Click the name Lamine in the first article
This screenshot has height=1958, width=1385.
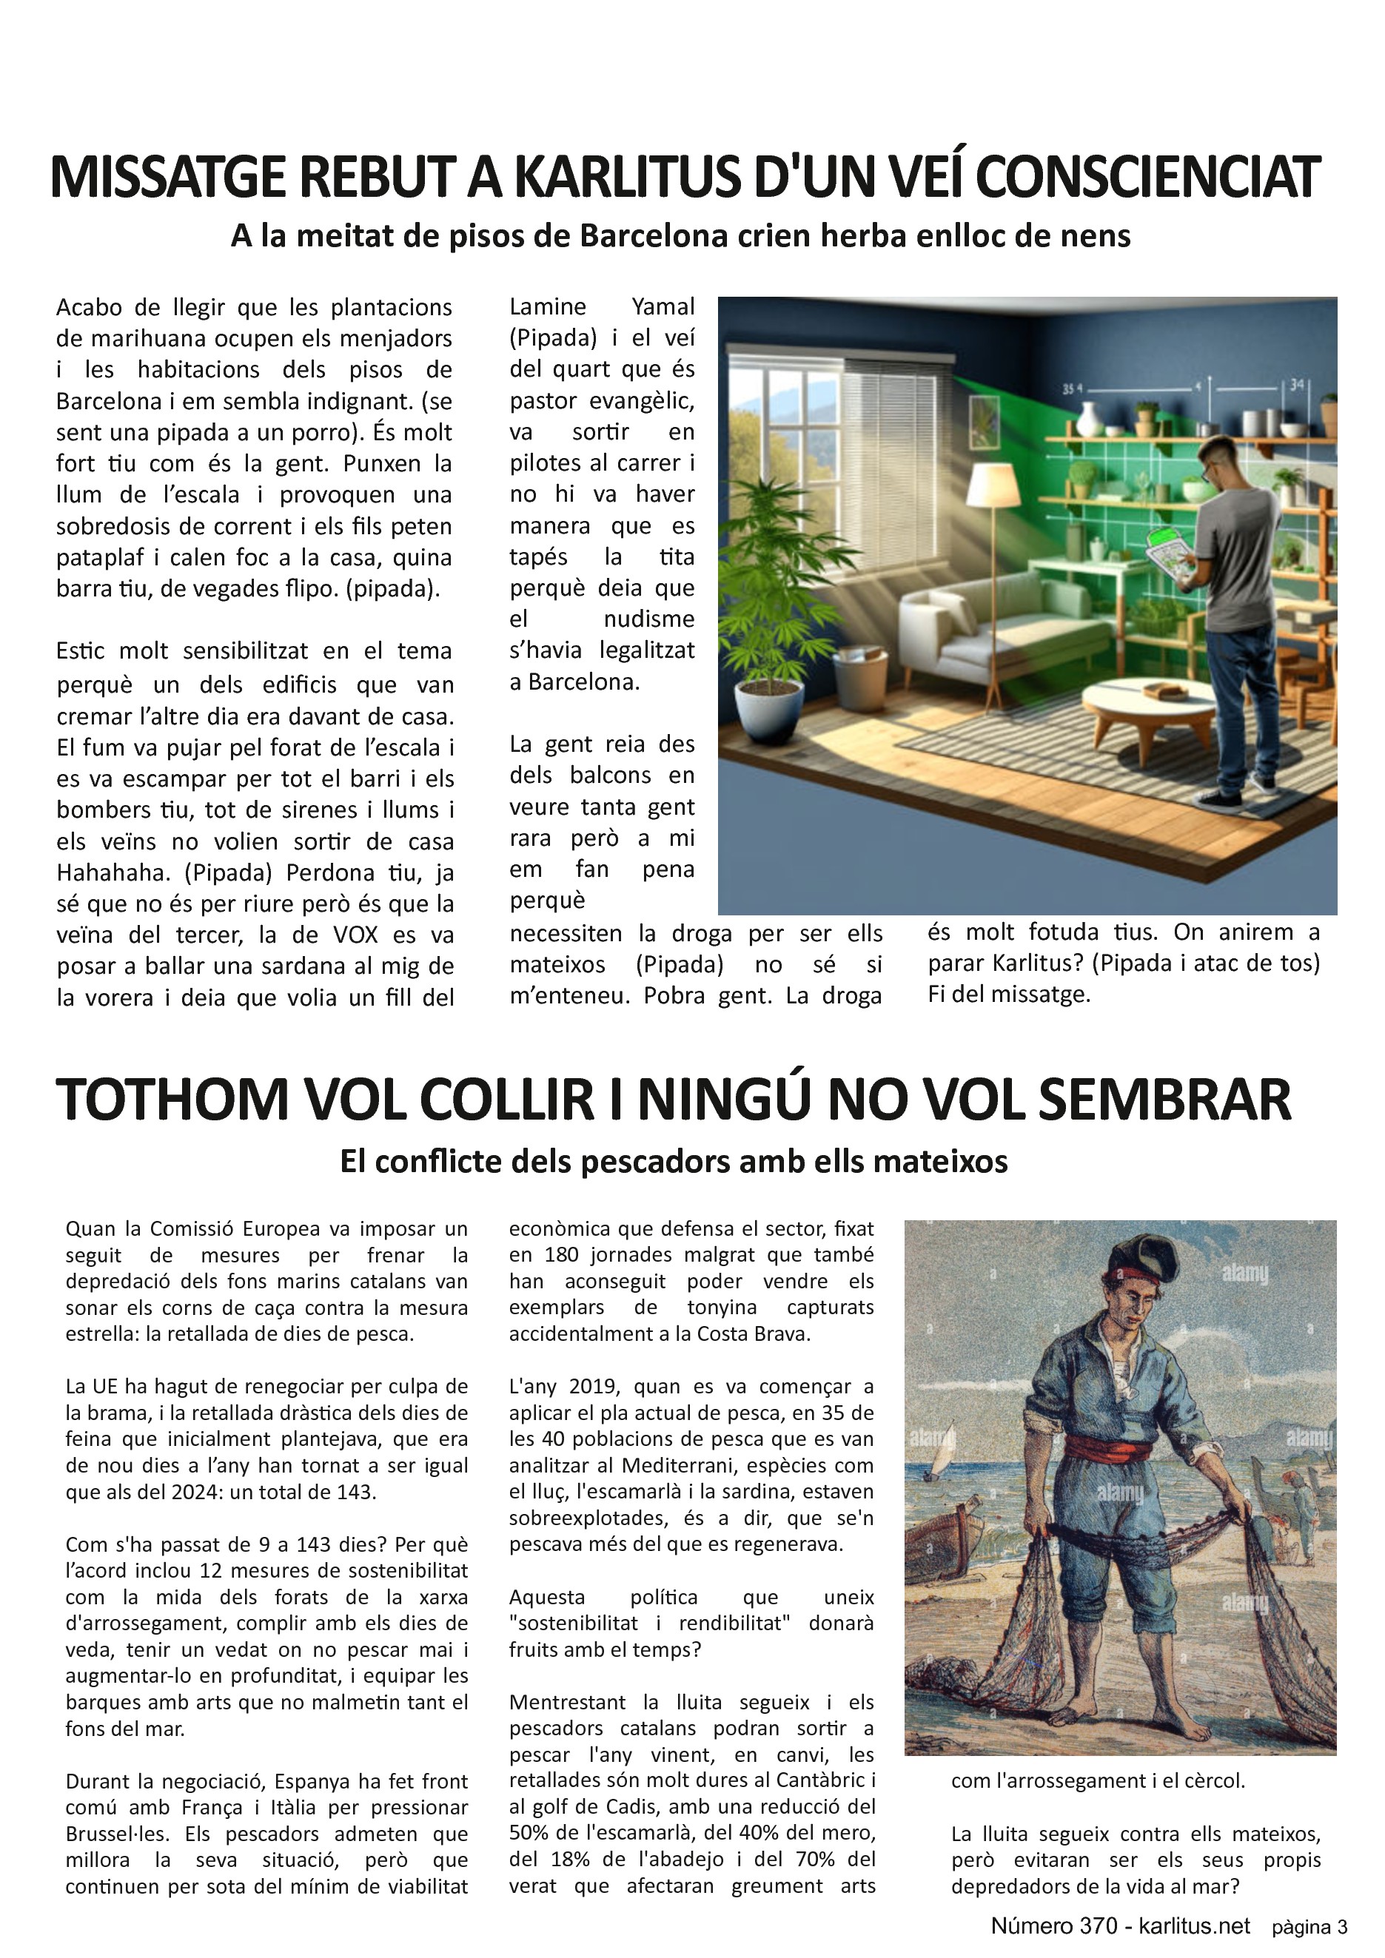click(x=548, y=307)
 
